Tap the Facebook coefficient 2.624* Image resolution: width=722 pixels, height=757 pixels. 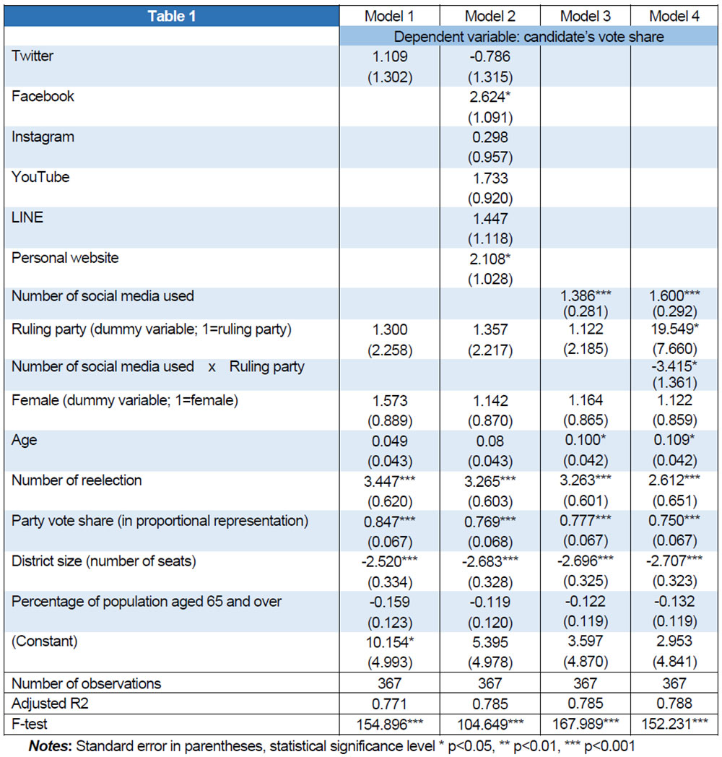coord(488,97)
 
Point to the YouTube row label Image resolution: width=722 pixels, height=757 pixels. coord(40,177)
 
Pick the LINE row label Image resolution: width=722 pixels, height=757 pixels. coord(27,217)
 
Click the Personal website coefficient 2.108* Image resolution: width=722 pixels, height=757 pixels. coord(488,258)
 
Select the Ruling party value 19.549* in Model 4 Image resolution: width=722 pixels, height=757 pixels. coord(674,329)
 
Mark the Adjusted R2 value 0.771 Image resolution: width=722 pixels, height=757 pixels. coord(391,703)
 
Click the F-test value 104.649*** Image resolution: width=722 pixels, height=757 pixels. coord(488,723)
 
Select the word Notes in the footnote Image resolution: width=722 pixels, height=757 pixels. coord(48,744)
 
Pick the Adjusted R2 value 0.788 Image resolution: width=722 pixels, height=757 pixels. coord(674,703)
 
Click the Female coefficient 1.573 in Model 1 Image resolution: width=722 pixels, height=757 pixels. coord(391,401)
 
